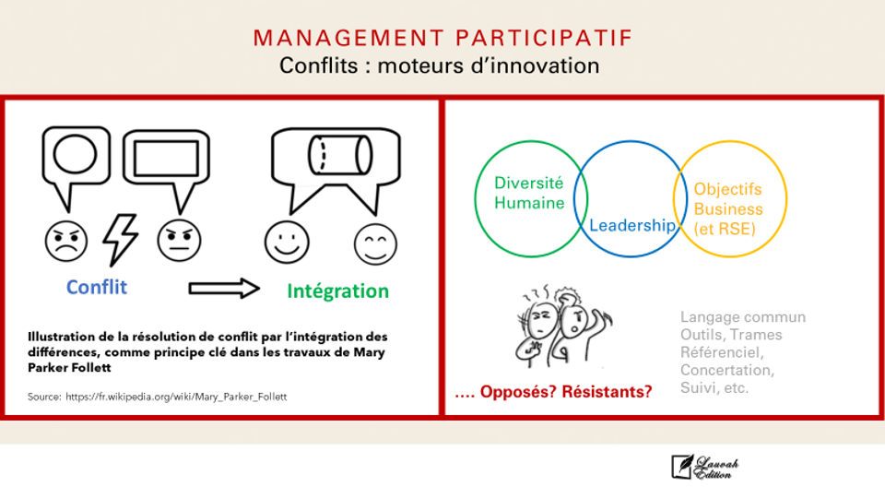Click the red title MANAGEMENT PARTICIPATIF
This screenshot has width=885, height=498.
click(x=442, y=38)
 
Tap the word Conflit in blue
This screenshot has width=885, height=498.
click(x=97, y=287)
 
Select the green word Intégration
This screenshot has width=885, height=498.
click(x=337, y=291)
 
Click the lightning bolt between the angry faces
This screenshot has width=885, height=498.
click(x=120, y=240)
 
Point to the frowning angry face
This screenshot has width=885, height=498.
click(x=66, y=242)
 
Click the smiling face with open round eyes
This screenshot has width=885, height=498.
click(x=287, y=243)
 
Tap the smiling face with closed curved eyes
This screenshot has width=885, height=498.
click(x=375, y=244)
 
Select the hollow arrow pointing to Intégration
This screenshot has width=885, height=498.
click(x=224, y=289)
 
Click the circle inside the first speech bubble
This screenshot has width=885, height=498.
click(x=75, y=154)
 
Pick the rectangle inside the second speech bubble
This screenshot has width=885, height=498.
click(x=167, y=158)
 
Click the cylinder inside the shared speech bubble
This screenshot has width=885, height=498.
click(x=340, y=155)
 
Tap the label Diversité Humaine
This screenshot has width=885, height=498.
click(x=529, y=193)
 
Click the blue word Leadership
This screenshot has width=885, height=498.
click(x=632, y=226)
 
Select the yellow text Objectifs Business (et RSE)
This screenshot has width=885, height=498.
click(x=728, y=209)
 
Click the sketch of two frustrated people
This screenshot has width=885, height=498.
click(x=563, y=326)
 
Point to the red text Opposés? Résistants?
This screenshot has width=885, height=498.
click(x=554, y=391)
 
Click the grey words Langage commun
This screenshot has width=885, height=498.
click(x=743, y=317)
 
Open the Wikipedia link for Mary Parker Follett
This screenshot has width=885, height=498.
click(x=176, y=397)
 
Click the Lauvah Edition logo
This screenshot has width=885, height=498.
click(x=705, y=468)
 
